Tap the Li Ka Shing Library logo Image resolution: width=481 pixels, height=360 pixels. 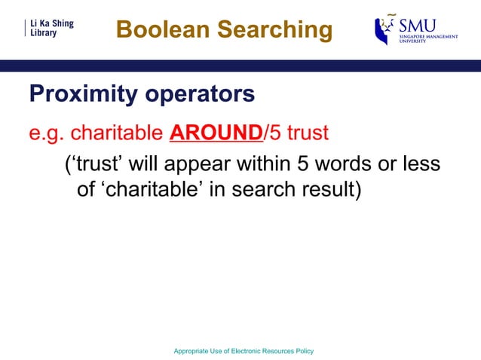point(51,29)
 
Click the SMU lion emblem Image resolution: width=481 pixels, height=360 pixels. point(385,30)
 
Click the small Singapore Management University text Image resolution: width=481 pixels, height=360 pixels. point(428,38)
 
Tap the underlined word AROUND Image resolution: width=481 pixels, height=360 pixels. point(215,134)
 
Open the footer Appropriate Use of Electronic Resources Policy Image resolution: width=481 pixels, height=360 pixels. point(243,352)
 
